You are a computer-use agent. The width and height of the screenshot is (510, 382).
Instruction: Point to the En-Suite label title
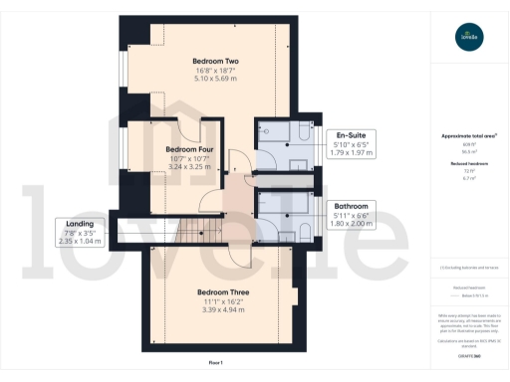point(354,134)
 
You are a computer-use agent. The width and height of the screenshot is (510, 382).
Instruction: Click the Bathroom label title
point(354,206)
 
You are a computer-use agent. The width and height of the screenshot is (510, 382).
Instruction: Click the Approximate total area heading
point(468,136)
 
